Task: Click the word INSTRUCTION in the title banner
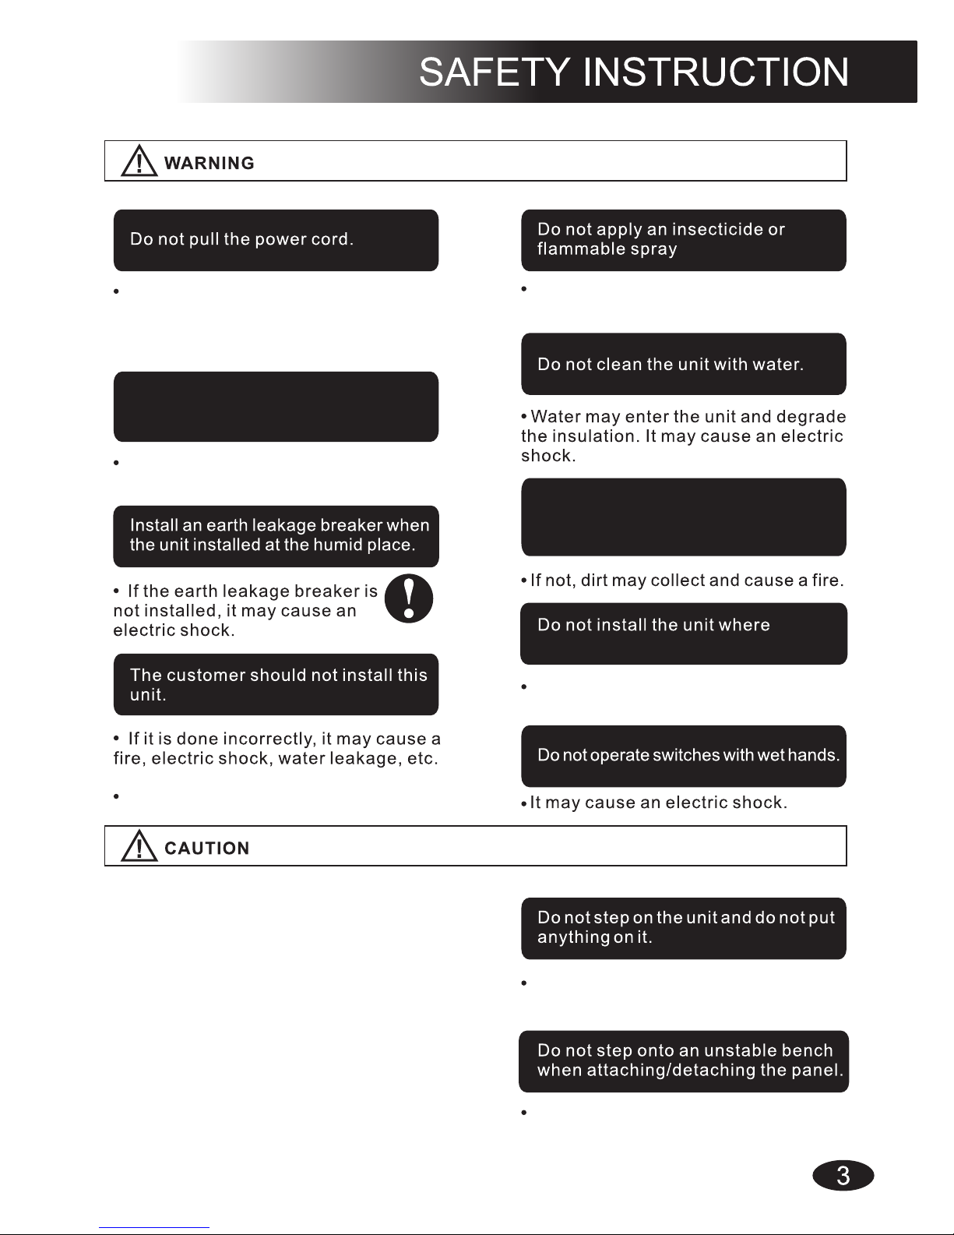[716, 73]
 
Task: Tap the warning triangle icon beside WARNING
[139, 162]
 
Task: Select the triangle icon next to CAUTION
[139, 846]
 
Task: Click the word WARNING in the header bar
[209, 164]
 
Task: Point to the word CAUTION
[207, 849]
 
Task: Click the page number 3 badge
[843, 1175]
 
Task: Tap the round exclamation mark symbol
[409, 598]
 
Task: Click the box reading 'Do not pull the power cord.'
[276, 240]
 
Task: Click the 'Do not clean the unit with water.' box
[683, 364]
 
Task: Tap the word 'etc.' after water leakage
[423, 759]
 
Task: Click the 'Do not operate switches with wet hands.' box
[683, 757]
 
